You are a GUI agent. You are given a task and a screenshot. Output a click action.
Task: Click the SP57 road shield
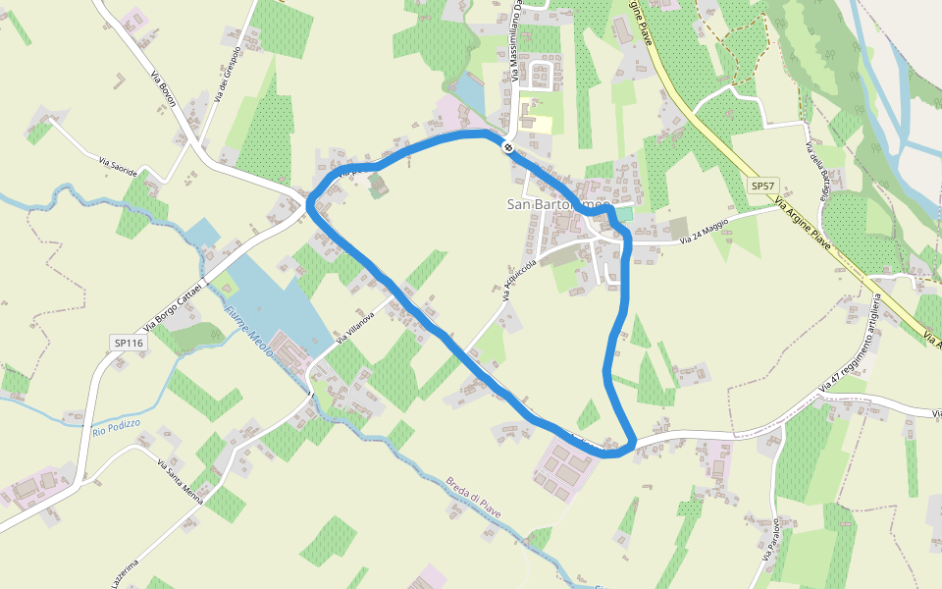761,186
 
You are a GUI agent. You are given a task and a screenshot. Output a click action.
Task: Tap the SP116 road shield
128,343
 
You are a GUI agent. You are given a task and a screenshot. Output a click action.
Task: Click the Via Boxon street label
163,94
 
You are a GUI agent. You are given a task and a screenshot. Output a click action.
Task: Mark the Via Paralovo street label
770,539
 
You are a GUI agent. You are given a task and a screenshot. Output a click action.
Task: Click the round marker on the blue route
507,147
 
